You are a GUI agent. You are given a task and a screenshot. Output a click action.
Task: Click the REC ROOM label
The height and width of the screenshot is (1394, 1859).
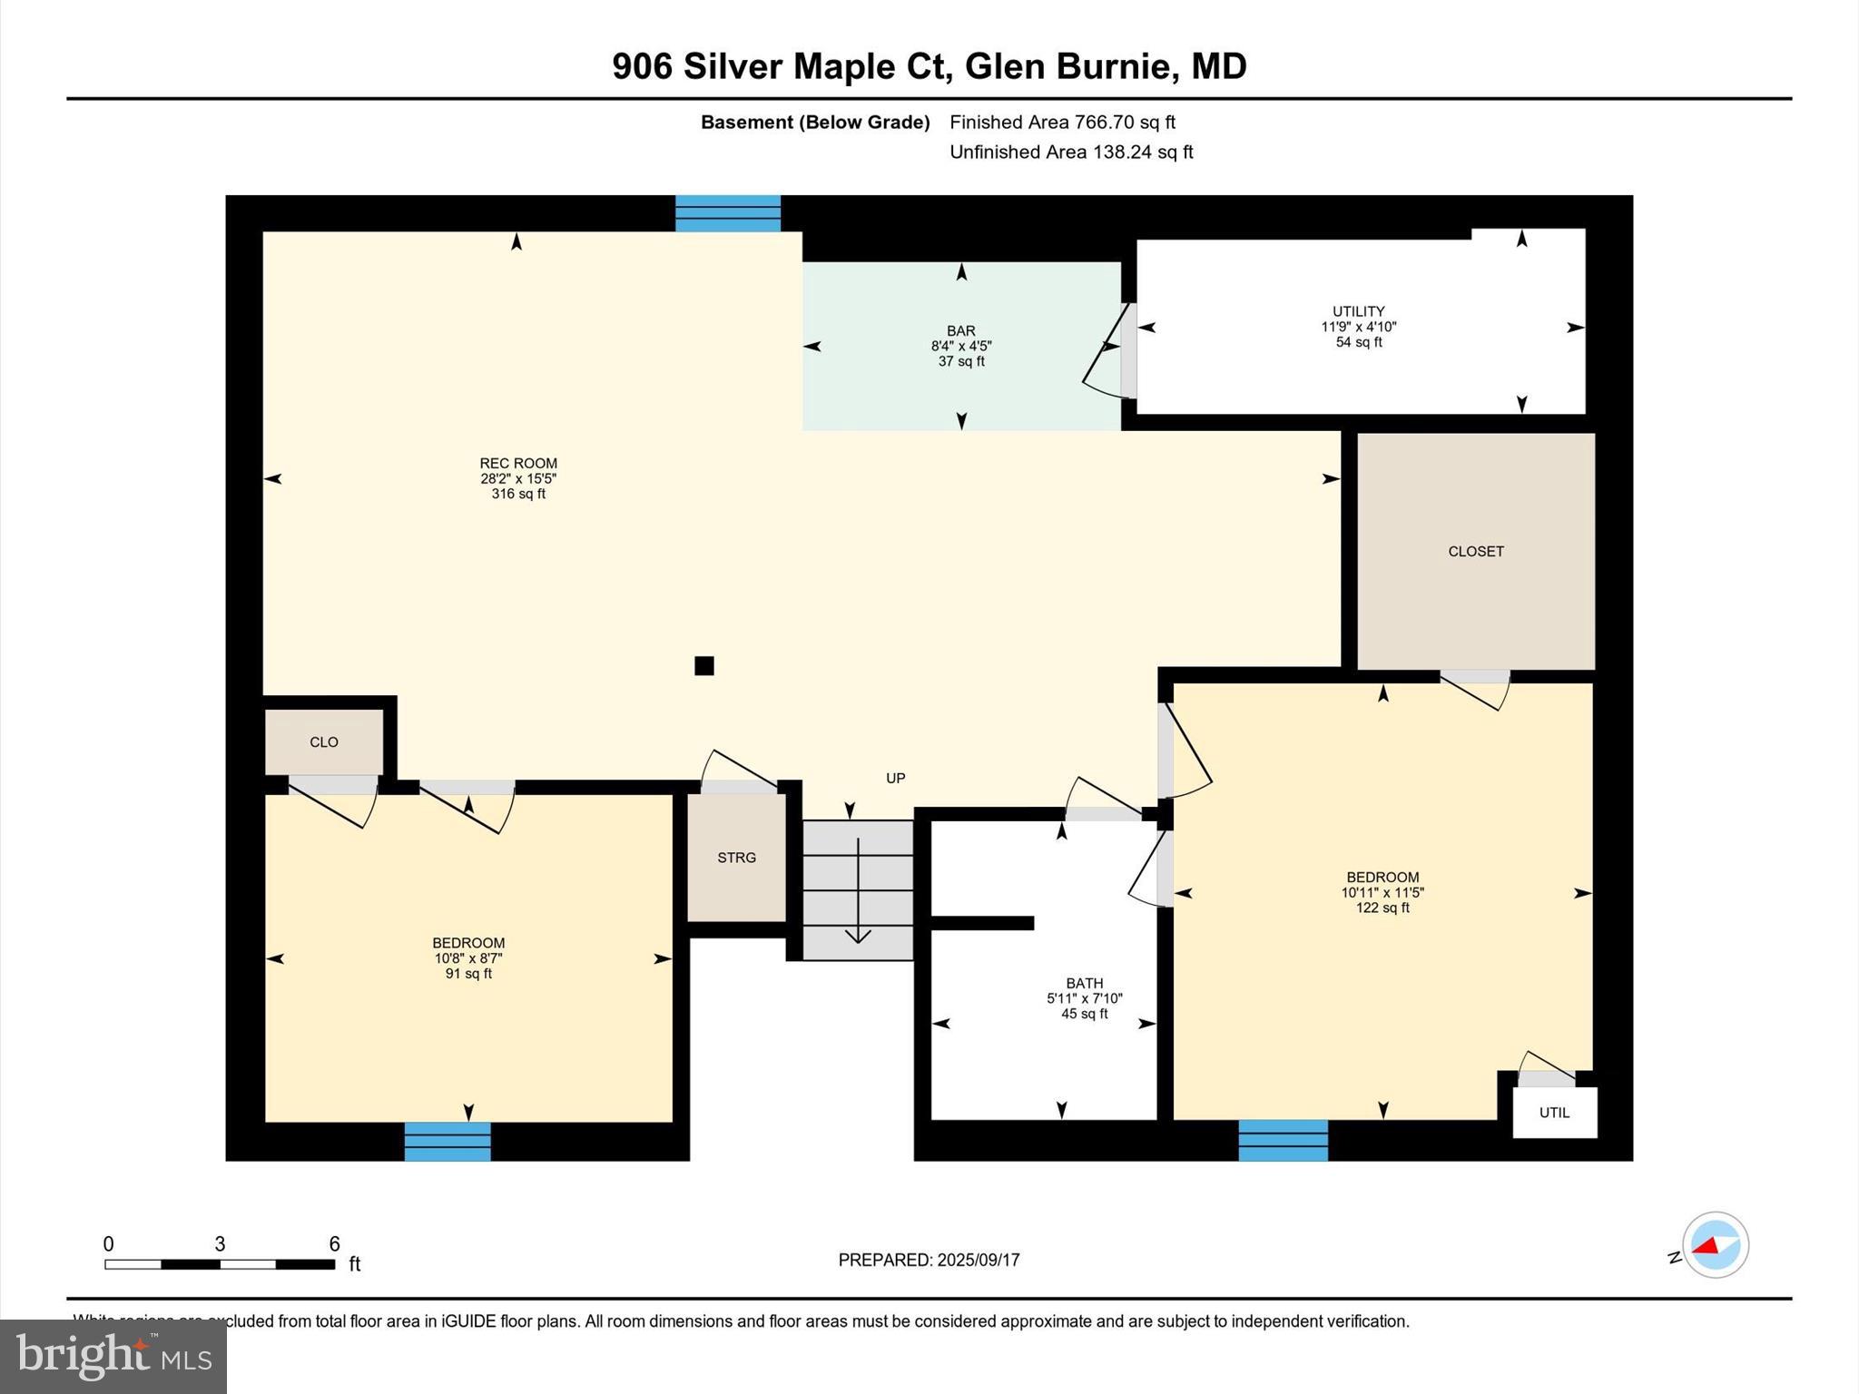point(518,463)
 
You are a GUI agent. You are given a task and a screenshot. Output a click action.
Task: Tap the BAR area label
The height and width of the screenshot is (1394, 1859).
point(961,331)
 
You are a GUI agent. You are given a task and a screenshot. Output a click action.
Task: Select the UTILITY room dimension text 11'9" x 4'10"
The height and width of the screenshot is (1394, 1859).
point(1358,327)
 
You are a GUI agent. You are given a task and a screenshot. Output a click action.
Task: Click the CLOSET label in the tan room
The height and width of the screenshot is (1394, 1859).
point(1475,551)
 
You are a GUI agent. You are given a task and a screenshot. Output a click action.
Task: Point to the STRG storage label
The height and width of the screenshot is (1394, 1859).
point(736,857)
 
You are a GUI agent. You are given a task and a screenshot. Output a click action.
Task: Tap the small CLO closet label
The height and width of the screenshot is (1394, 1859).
point(324,741)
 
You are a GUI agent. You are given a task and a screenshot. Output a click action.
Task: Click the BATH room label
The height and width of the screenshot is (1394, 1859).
point(1084,983)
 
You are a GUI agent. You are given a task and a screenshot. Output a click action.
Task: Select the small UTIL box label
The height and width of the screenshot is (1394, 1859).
point(1554,1112)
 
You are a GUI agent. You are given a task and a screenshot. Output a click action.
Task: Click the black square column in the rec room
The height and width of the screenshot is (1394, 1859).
point(703,665)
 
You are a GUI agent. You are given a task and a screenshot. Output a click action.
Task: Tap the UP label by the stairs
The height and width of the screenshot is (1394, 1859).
point(895,778)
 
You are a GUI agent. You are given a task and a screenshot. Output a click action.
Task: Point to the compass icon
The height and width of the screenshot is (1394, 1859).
point(1714,1244)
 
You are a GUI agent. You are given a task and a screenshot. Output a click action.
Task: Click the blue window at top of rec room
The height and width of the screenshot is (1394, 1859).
point(728,213)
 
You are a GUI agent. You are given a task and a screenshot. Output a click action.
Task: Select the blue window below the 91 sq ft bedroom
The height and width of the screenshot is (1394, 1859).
point(448,1141)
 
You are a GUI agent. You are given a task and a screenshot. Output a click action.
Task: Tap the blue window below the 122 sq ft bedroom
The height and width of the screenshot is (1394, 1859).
point(1283,1140)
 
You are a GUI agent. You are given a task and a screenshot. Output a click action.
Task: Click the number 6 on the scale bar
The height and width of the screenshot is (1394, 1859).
point(334,1244)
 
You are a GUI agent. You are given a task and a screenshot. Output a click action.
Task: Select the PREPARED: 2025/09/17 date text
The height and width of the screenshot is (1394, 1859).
point(929,1260)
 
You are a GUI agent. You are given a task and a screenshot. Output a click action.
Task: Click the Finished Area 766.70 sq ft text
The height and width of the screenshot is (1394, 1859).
point(1062,122)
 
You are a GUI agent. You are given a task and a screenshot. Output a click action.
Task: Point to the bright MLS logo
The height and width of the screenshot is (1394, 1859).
point(113,1356)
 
